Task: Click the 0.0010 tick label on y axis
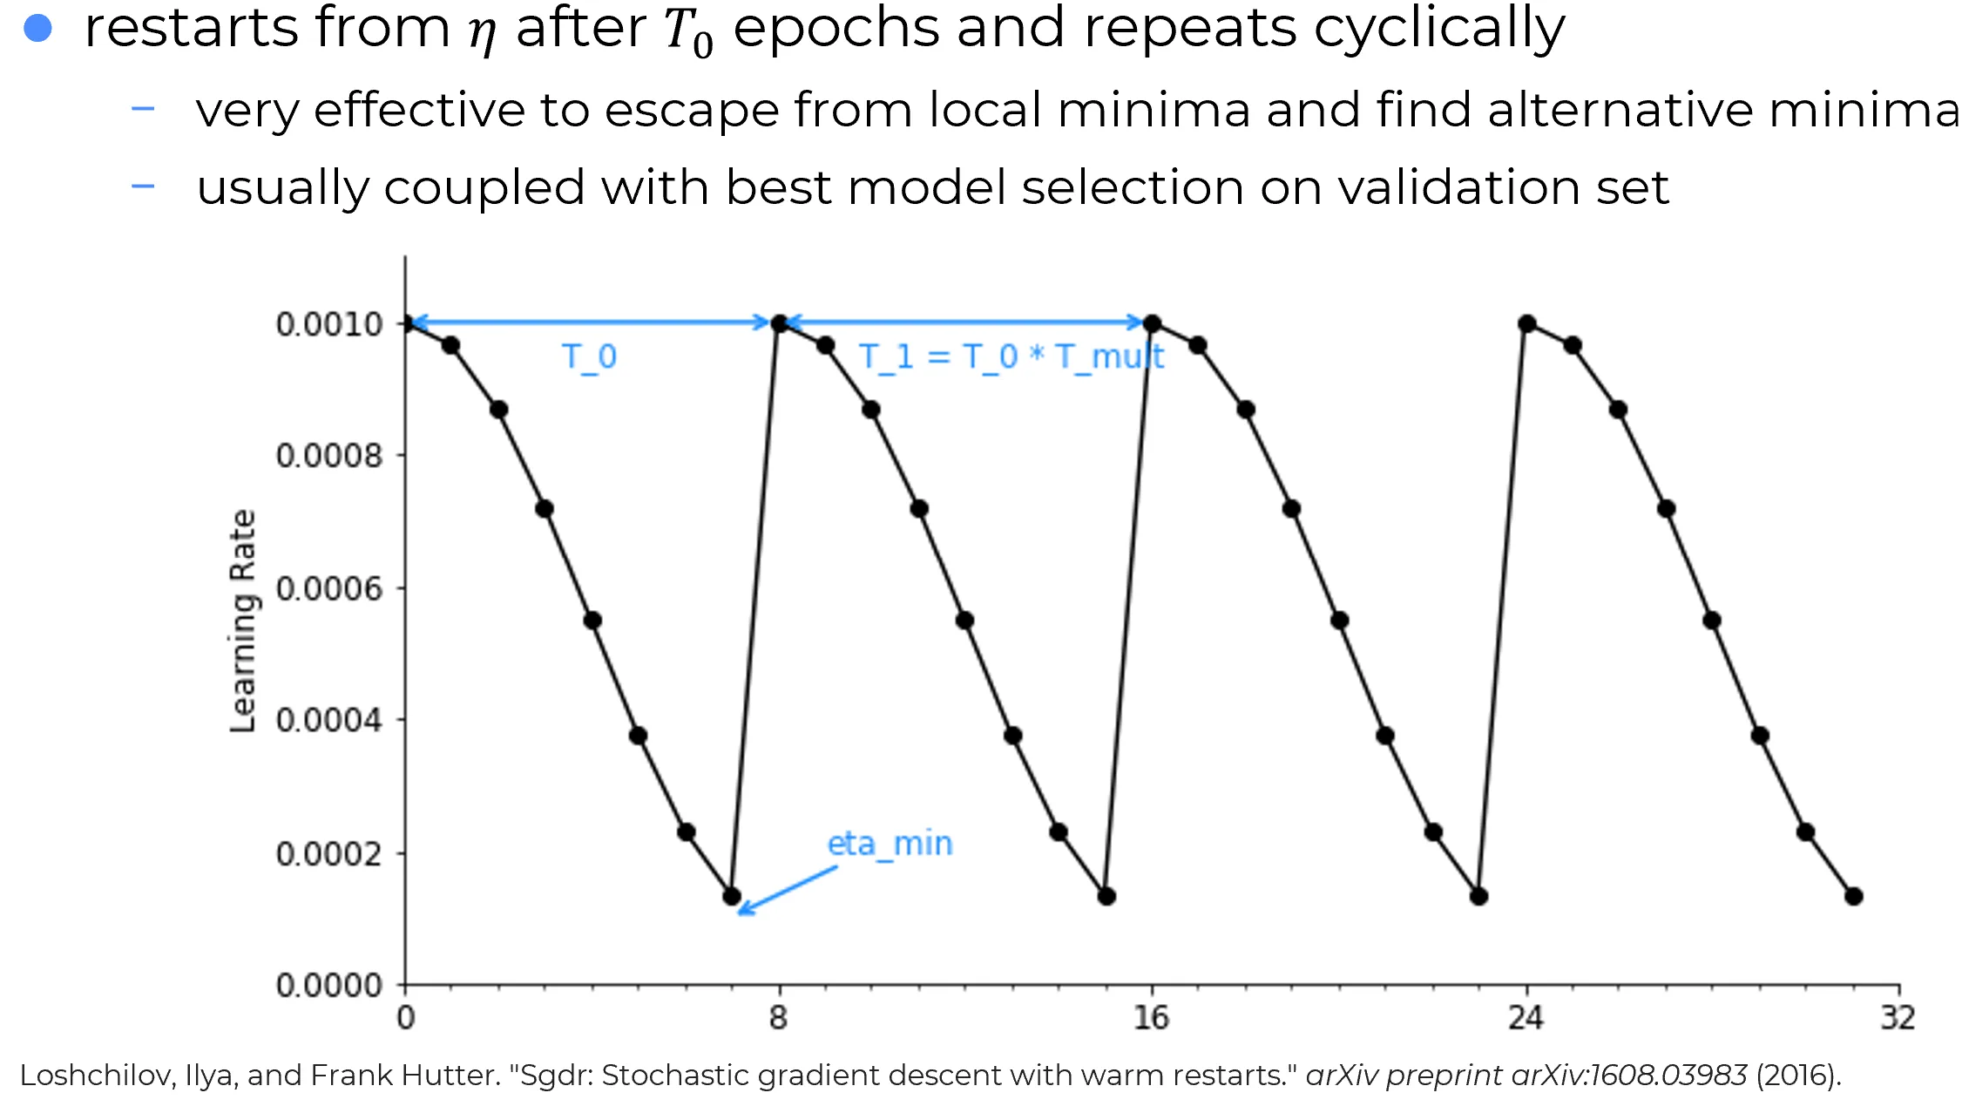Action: [328, 324]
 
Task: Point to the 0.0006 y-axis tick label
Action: [328, 589]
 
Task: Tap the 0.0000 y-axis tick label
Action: [328, 986]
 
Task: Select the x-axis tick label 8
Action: [778, 1017]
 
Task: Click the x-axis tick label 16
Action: [1151, 1017]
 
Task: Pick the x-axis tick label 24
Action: [1526, 1017]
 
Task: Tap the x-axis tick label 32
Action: [1898, 1017]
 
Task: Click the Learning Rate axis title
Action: [243, 621]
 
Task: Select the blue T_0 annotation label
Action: [589, 356]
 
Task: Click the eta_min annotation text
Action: [890, 844]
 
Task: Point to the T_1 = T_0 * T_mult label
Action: [1011, 356]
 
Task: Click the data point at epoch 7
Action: [732, 896]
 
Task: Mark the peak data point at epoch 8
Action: [780, 323]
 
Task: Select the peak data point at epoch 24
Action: [1526, 323]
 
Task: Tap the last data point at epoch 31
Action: [1853, 896]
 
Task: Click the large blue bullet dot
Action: [38, 28]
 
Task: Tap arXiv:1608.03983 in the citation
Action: [1628, 1076]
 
